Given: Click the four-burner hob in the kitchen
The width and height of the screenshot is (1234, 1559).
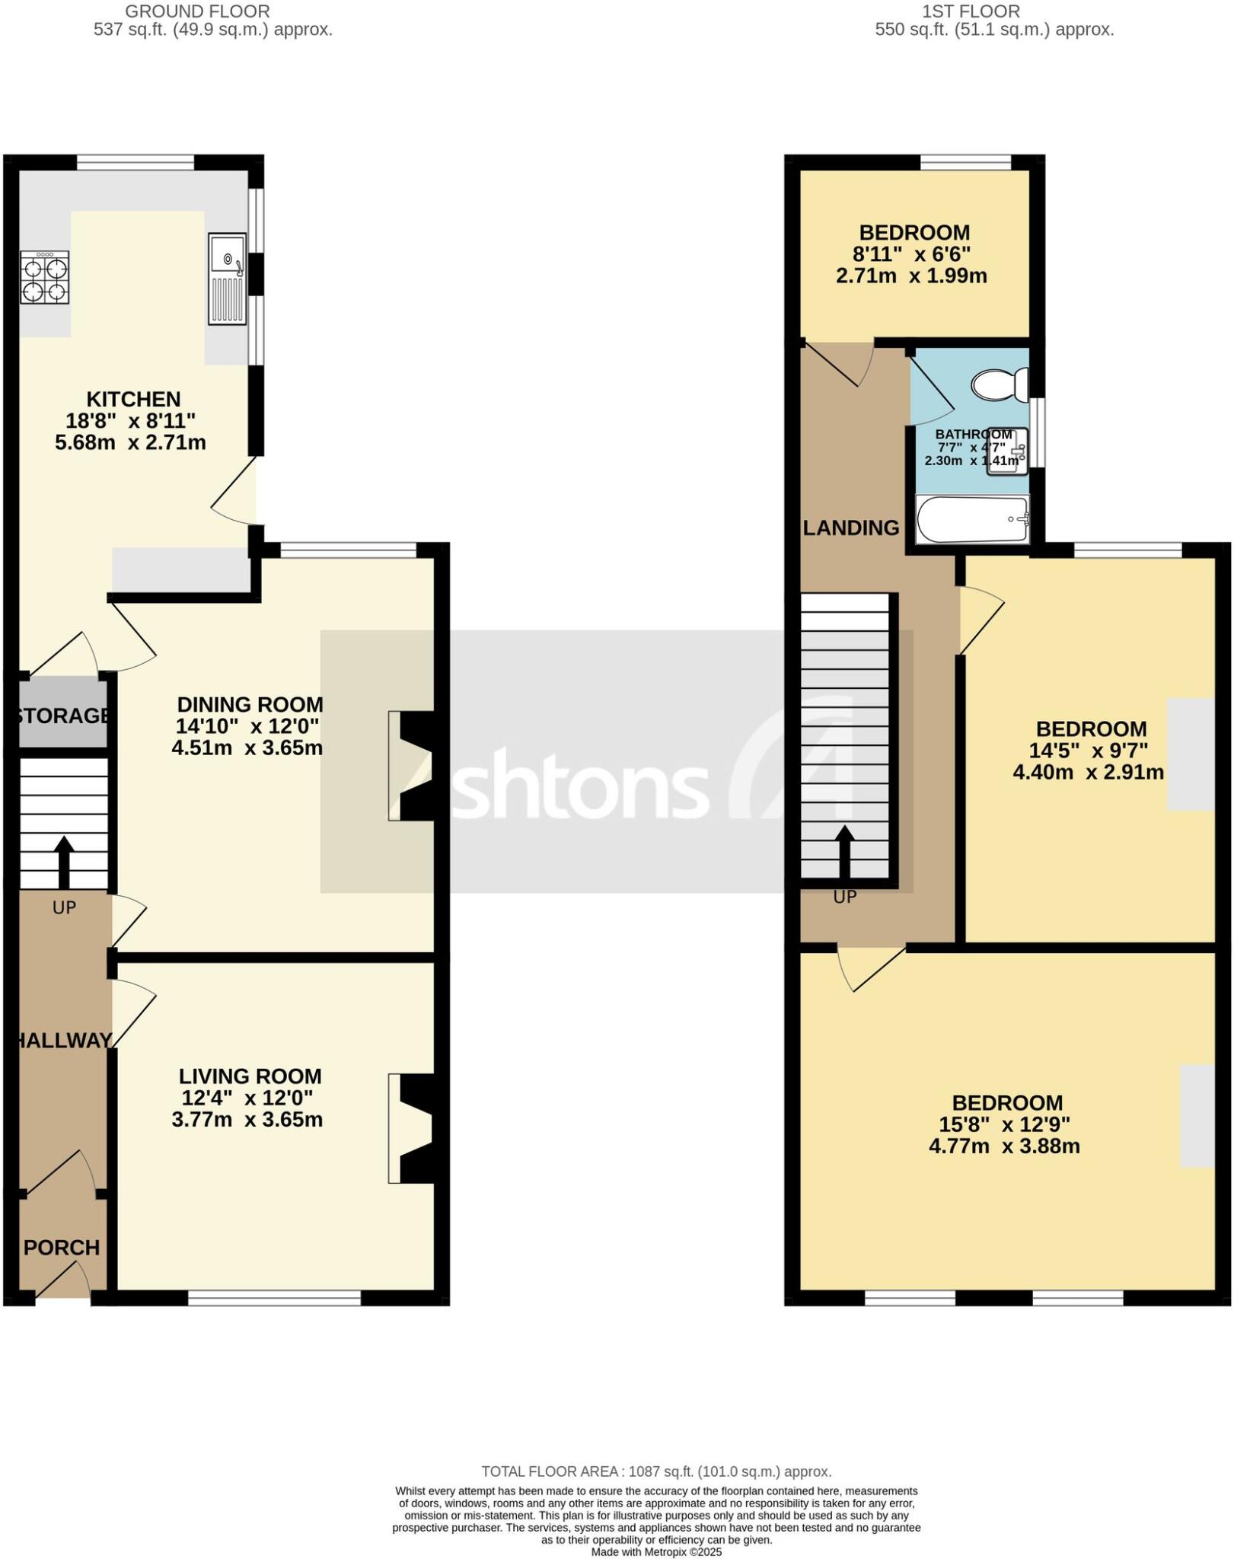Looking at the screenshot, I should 44,279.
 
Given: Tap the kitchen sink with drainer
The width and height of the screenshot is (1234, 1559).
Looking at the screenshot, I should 227,278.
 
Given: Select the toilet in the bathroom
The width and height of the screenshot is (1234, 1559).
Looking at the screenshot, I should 1000,384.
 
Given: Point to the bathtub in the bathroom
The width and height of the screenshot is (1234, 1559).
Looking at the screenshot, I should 972,520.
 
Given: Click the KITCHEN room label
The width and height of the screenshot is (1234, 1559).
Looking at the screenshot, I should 133,399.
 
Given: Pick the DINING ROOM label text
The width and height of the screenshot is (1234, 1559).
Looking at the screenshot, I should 250,704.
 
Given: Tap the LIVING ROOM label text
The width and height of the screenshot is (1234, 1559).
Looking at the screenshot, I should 250,1076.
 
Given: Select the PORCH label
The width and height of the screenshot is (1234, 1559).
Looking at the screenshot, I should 62,1248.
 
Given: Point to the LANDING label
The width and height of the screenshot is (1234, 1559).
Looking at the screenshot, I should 851,528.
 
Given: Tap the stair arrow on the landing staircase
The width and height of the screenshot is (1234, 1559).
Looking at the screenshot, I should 844,850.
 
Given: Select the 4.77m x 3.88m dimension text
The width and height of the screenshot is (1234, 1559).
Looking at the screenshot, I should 1004,1146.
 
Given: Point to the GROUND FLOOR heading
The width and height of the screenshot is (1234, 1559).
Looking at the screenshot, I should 197,11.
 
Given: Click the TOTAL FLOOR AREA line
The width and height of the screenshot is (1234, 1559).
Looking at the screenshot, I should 655,1471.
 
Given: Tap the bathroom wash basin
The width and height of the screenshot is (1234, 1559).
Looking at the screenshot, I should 1007,451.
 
